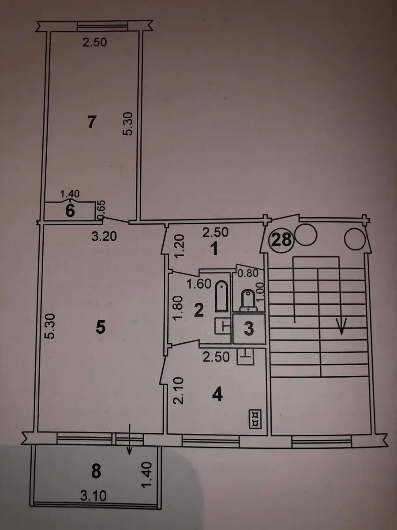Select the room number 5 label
coord(100,328)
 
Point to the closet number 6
coord(70,211)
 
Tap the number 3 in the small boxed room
coord(249,329)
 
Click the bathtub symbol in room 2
coord(222,296)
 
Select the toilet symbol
coord(248,300)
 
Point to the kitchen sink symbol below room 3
coord(245,356)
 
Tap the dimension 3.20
coord(105,236)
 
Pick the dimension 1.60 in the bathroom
coord(199,284)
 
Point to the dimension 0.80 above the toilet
coord(248,273)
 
